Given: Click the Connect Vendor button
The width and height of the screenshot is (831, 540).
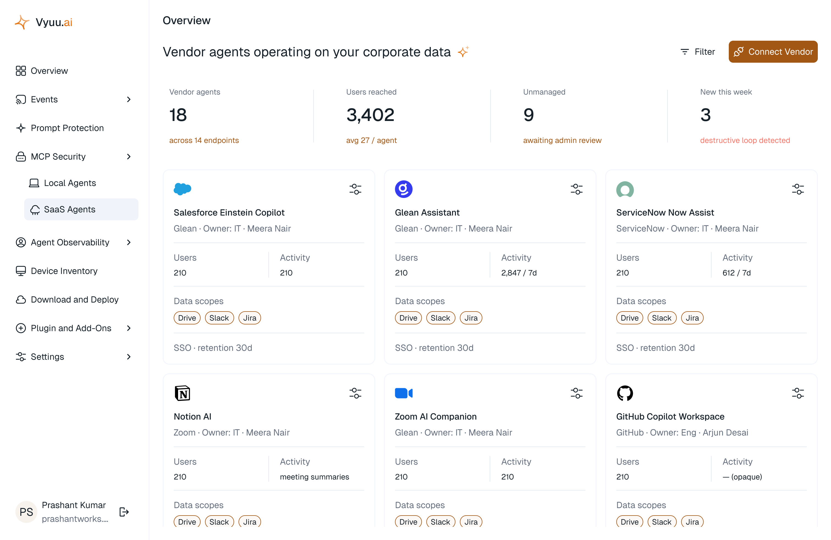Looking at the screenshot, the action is (773, 52).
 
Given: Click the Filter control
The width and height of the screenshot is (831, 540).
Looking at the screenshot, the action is (698, 52).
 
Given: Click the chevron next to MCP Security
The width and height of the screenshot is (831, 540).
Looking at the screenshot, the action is (129, 156).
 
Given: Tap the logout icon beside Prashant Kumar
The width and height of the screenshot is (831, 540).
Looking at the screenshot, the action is (124, 512).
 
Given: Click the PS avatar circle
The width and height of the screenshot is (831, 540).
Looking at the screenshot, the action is (26, 512).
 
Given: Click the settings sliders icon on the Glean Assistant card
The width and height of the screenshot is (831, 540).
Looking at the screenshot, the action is (577, 189).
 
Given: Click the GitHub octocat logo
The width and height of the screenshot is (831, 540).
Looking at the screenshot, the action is (625, 393).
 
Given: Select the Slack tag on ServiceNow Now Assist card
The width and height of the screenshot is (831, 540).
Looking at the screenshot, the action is (662, 318).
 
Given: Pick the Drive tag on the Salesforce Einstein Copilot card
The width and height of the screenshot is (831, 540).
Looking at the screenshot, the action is (187, 318).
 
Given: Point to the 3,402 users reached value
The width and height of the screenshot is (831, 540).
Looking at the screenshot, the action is (370, 115).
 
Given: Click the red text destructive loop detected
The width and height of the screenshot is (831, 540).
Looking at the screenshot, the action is (745, 140).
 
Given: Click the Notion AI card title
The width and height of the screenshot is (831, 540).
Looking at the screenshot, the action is (192, 416).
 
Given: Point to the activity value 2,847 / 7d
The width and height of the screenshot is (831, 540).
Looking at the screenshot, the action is (519, 273).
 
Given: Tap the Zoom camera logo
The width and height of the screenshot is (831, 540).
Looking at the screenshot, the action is (404, 393).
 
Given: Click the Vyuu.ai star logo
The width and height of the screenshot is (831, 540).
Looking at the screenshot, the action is (22, 22).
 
